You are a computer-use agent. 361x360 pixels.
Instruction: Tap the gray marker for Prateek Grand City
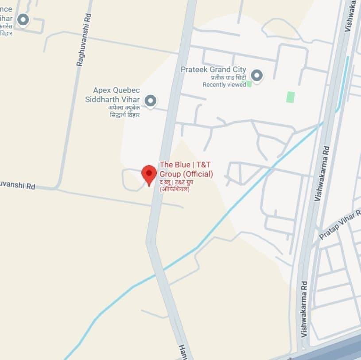[x=256, y=75]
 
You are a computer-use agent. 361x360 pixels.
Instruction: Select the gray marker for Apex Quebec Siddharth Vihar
[x=151, y=101]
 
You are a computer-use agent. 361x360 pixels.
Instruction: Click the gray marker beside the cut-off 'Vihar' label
[x=23, y=19]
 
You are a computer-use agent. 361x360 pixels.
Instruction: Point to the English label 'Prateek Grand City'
[x=212, y=70]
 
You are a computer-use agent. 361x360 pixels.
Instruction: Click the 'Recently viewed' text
[x=224, y=85]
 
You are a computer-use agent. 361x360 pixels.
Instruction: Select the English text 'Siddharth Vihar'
[x=112, y=99]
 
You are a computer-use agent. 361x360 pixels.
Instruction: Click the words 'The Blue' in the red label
[x=175, y=165]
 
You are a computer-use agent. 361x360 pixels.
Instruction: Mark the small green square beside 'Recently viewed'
[x=249, y=84]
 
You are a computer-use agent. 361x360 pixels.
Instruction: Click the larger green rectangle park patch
[x=290, y=97]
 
